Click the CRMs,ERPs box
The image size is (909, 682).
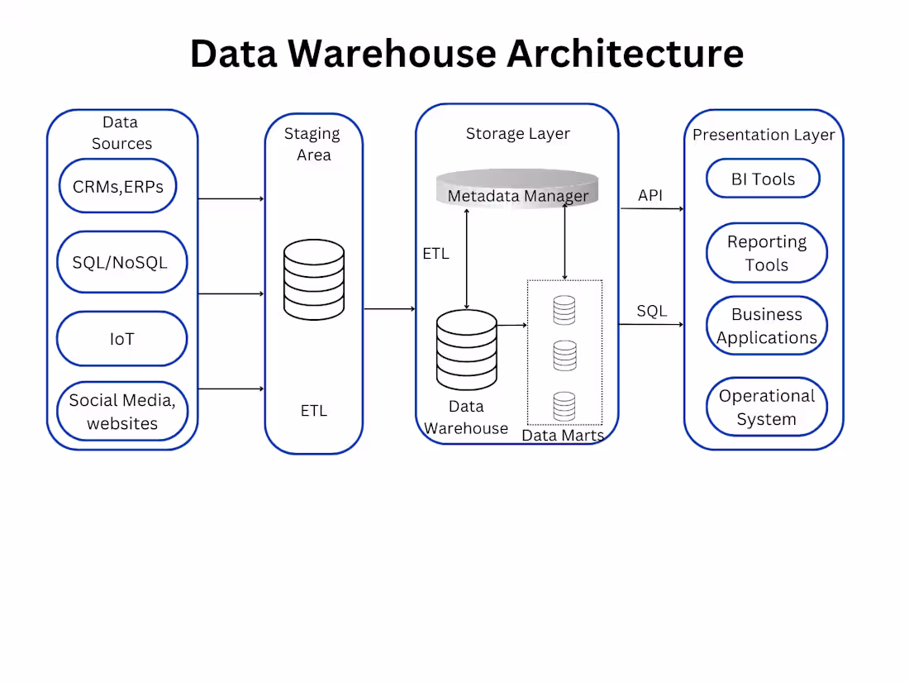(x=118, y=186)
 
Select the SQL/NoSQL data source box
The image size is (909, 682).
(x=122, y=262)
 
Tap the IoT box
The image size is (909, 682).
(x=121, y=339)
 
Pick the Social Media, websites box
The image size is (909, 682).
(x=122, y=412)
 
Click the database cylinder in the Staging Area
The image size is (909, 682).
(x=313, y=279)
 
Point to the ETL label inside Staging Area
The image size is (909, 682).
(x=314, y=411)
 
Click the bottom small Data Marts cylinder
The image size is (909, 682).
(x=564, y=406)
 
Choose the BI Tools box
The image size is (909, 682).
(x=763, y=179)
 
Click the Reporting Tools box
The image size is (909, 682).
(x=766, y=253)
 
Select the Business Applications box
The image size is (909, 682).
(x=766, y=326)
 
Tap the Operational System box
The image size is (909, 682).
(x=766, y=407)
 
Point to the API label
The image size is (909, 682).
(x=650, y=196)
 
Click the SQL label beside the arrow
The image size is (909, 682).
(x=651, y=311)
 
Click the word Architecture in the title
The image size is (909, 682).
(x=625, y=53)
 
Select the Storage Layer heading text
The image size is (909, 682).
(x=517, y=133)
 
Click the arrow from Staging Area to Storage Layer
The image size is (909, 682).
(x=388, y=309)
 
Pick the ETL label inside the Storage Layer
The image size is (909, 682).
(x=435, y=254)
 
